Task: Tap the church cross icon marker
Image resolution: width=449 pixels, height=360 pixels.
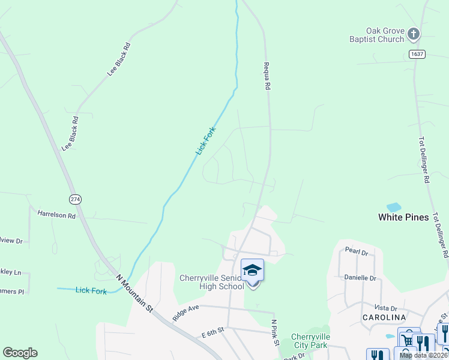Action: (x=414, y=34)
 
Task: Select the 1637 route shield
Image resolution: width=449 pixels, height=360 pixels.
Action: (x=417, y=55)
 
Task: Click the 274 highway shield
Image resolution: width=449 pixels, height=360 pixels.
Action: (x=75, y=199)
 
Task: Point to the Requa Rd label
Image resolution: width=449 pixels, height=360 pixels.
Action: (x=266, y=75)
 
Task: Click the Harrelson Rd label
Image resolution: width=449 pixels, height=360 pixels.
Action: (x=56, y=214)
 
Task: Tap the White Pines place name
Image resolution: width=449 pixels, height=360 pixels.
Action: (x=403, y=217)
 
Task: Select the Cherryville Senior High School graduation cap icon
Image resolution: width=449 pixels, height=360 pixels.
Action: (x=253, y=270)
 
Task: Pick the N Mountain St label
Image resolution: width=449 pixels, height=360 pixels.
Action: (x=135, y=292)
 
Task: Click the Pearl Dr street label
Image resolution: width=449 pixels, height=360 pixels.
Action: (x=357, y=250)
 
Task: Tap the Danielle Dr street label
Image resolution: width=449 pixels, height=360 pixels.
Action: (x=360, y=277)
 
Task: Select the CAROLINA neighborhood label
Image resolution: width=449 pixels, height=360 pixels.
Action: (x=384, y=317)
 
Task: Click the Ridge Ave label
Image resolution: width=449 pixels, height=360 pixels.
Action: (x=185, y=311)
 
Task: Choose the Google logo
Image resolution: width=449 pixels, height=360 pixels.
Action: (x=20, y=353)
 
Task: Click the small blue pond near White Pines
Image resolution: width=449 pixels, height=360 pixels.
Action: (x=394, y=208)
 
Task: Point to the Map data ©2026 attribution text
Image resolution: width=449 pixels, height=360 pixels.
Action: (x=423, y=355)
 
